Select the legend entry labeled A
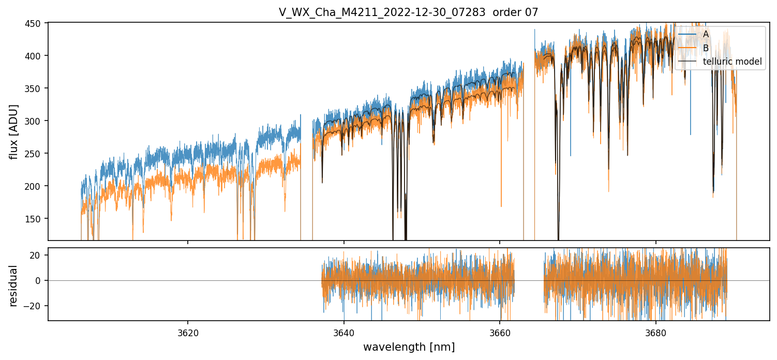[x=706, y=35]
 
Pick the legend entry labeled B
[x=706, y=48]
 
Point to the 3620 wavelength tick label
[x=187, y=331]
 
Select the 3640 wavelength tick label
[x=343, y=331]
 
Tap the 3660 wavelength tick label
[x=500, y=331]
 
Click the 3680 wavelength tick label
[x=656, y=331]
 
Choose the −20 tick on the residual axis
[x=37, y=306]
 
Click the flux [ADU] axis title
[x=14, y=131]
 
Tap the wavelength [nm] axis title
[x=409, y=347]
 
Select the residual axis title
[x=14, y=285]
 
